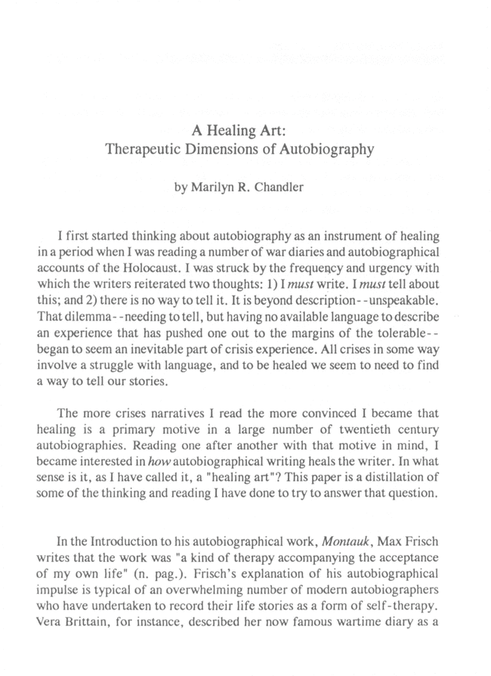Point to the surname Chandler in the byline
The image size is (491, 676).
[x=276, y=187]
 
